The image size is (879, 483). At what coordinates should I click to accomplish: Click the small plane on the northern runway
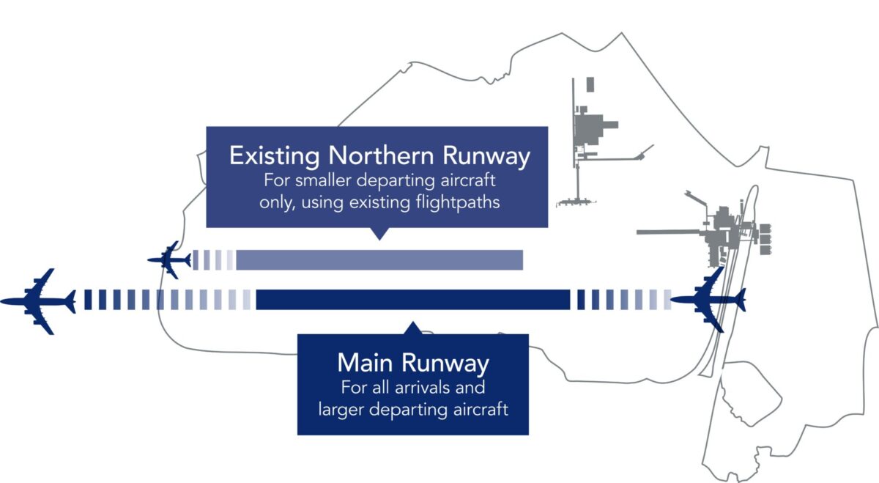[x=170, y=259]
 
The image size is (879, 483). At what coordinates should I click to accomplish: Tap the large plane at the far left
[x=38, y=301]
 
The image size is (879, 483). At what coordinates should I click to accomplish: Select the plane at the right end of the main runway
[x=709, y=300]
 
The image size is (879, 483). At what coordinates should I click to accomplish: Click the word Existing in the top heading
[x=275, y=156]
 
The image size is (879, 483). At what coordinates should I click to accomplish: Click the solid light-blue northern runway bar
[x=379, y=260]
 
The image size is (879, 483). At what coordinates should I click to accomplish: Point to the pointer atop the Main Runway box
[x=412, y=328]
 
